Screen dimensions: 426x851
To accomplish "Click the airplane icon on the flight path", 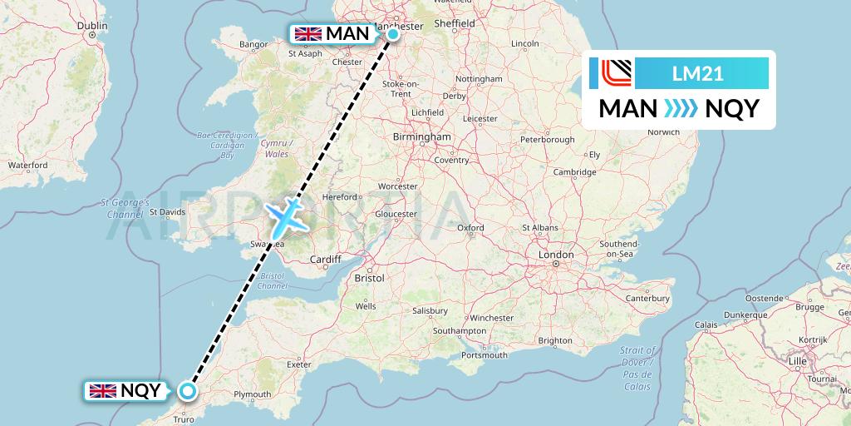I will tap(286, 215).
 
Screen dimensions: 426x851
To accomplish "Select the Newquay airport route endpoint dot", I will tap(189, 390).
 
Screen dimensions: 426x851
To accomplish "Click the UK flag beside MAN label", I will tap(308, 34).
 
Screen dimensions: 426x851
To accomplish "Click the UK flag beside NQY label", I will tap(103, 390).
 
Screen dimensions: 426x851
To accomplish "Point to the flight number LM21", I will tap(697, 74).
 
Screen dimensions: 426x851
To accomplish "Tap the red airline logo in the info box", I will tap(615, 73).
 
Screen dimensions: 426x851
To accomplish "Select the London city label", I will tap(556, 254).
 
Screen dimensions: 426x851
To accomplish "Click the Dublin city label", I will tap(92, 26).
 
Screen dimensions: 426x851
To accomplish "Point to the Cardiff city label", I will tap(325, 260).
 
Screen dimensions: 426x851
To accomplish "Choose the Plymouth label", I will tap(252, 394).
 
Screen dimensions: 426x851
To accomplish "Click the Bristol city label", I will tap(369, 278).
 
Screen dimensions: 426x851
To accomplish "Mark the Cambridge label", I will tap(576, 172).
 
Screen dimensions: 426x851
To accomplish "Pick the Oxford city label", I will tap(470, 227).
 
